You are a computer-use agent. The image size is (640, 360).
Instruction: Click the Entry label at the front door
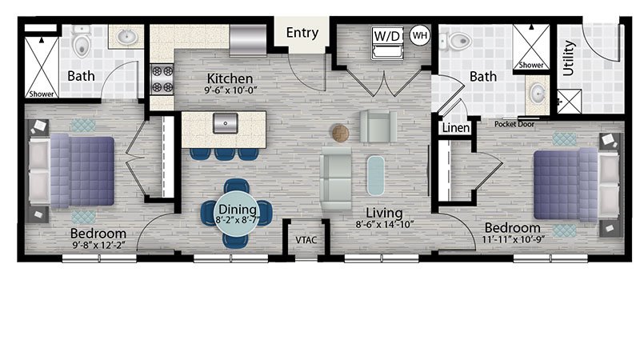tap(302, 33)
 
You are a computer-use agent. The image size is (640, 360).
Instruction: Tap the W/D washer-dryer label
tap(386, 36)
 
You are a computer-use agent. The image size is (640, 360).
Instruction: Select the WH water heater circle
tap(420, 35)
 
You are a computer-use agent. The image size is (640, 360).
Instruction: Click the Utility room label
tap(569, 58)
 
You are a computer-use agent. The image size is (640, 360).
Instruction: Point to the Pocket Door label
tap(514, 124)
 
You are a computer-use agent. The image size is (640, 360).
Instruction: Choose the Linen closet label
tap(456, 128)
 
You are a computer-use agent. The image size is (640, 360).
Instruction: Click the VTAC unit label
tap(306, 240)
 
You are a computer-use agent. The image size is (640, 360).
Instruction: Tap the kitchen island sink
tap(226, 123)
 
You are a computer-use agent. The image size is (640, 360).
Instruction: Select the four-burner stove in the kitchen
tap(162, 79)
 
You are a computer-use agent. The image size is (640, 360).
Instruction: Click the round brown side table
tap(340, 133)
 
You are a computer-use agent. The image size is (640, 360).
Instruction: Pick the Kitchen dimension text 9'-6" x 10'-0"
tap(230, 90)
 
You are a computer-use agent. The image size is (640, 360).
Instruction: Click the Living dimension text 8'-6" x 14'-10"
tap(385, 224)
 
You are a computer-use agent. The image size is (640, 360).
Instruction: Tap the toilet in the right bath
tap(456, 41)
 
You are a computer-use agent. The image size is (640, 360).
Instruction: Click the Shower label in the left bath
tap(42, 94)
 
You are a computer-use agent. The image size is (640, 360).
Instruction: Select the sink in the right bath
tap(538, 94)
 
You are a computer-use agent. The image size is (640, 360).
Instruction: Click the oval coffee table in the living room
tap(375, 175)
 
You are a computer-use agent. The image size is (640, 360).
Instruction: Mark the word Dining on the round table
tap(238, 210)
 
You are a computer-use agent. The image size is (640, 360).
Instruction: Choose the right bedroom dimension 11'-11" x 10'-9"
tap(513, 239)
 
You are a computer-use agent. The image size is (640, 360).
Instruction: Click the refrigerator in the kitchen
tap(248, 39)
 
